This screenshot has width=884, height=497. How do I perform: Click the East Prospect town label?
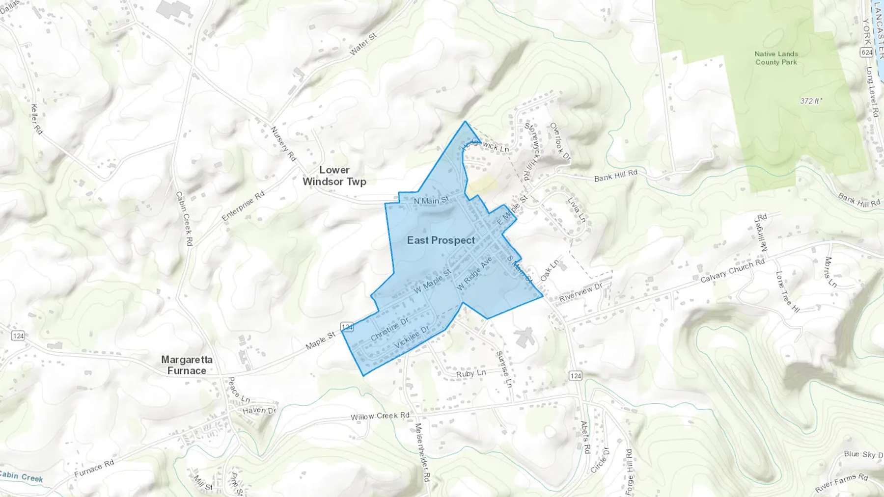(441, 240)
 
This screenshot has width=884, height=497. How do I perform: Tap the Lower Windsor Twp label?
(334, 176)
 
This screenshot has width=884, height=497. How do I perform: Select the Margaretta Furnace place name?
(187, 365)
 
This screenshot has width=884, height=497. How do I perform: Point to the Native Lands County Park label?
(776, 58)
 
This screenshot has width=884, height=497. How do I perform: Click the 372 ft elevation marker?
(811, 101)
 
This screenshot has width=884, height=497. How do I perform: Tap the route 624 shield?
(867, 52)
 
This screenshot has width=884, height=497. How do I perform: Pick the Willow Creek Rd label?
(380, 416)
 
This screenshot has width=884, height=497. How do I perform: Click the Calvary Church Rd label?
(732, 270)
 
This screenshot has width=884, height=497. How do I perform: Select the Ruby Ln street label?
(471, 373)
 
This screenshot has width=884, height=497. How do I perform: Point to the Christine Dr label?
(389, 329)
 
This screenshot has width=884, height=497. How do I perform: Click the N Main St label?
(431, 200)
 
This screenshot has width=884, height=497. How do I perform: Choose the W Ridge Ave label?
(474, 273)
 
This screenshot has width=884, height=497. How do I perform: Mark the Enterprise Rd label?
(243, 206)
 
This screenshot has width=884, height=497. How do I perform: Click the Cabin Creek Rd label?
(184, 218)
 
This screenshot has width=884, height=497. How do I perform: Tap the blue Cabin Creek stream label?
(22, 476)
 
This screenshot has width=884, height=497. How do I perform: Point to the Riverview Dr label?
(580, 292)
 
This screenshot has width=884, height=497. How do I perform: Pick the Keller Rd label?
(37, 118)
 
